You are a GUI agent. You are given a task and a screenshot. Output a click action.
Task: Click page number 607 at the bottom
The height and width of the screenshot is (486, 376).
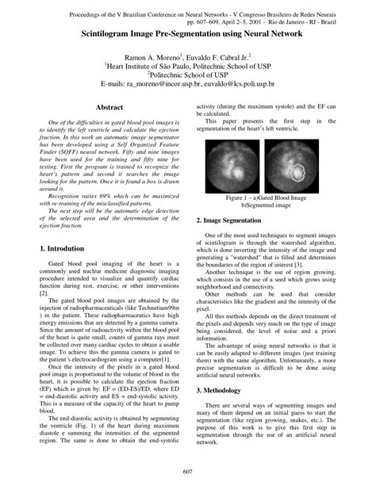pyautogui.click(x=188, y=473)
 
